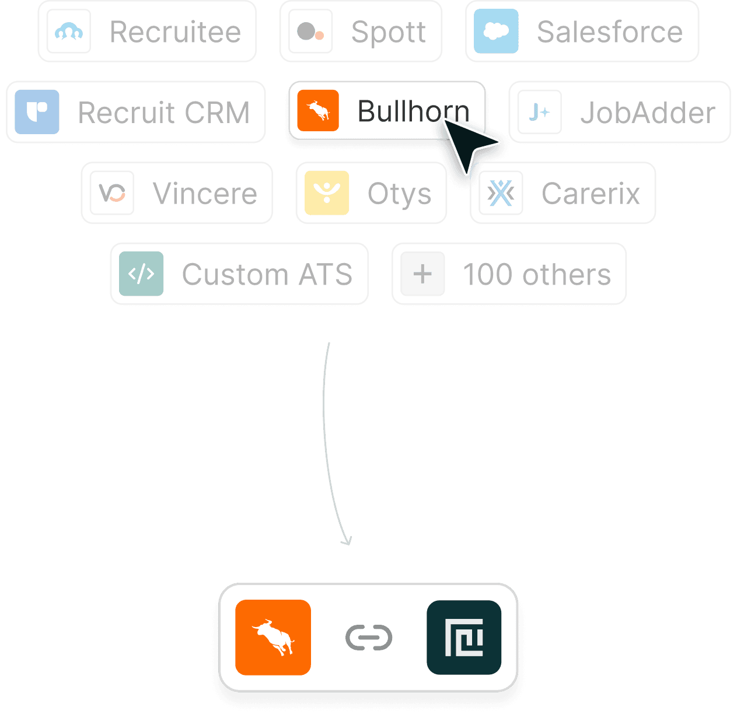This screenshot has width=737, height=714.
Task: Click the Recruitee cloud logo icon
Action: click(x=69, y=32)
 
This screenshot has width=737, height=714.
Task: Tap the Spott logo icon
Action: click(x=310, y=32)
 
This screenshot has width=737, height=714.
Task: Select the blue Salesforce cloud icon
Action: click(x=496, y=32)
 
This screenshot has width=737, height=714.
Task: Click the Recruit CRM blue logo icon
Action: click(x=37, y=111)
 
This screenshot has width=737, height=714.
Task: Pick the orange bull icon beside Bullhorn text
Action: click(x=318, y=111)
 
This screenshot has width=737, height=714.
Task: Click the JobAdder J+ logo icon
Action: click(x=540, y=111)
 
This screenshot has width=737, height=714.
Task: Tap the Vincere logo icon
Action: click(x=112, y=192)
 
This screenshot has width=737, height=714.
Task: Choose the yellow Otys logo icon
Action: click(x=327, y=192)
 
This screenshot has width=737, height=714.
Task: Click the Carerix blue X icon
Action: click(x=501, y=192)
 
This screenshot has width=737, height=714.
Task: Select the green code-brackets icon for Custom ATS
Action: click(x=141, y=274)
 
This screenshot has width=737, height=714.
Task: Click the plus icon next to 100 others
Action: click(x=422, y=274)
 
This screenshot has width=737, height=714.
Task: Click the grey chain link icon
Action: click(x=369, y=638)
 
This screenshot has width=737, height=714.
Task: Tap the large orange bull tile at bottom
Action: click(x=273, y=638)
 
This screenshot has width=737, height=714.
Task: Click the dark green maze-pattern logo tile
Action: click(x=464, y=638)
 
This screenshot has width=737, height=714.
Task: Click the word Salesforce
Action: click(x=609, y=32)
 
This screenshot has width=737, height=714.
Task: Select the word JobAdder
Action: click(x=647, y=112)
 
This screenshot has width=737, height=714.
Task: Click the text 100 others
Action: click(x=536, y=274)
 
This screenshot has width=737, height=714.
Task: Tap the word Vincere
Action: click(x=205, y=193)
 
